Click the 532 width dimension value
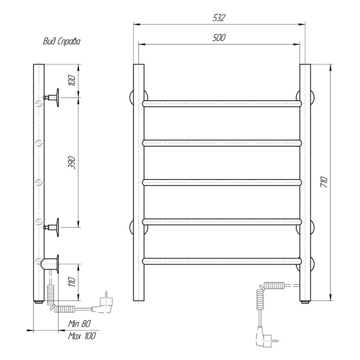(x=219, y=18)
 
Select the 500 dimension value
(x=219, y=38)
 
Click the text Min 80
(x=79, y=324)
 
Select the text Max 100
(x=81, y=336)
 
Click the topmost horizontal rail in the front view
(x=222, y=103)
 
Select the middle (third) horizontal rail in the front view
(x=222, y=182)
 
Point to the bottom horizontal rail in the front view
(x=222, y=261)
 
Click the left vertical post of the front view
(x=139, y=183)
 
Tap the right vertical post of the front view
(x=305, y=183)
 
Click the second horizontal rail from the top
(x=222, y=143)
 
